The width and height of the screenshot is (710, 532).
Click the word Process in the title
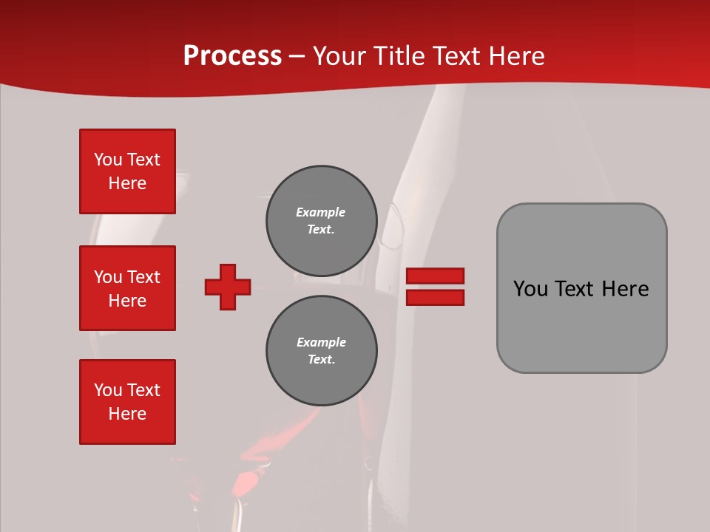[232, 56]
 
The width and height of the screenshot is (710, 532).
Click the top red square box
[127, 171]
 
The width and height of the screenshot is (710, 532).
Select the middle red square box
[127, 288]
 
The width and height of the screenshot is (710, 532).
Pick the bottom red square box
[127, 402]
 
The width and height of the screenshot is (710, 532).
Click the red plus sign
[228, 287]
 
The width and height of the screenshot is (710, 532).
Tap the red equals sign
[435, 287]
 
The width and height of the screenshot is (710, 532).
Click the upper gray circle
[322, 220]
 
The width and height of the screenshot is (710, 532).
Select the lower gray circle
[322, 350]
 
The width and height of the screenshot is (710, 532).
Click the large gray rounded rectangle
[581, 288]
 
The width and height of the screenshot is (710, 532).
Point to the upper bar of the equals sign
[435, 276]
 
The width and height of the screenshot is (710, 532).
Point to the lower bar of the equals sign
[435, 298]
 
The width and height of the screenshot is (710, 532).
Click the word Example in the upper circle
[321, 212]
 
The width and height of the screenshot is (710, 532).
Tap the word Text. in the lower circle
[321, 359]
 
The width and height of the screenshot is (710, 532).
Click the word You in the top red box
[108, 160]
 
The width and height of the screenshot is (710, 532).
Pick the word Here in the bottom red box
[127, 414]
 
